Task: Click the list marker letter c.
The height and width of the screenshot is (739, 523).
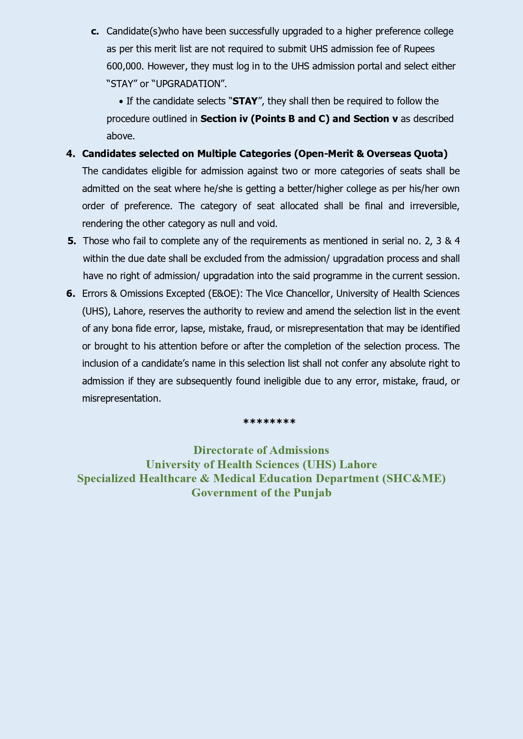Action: pos(95,32)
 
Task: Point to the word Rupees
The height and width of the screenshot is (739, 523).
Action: pos(419,49)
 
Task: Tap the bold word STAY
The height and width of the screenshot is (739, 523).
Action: pos(245,101)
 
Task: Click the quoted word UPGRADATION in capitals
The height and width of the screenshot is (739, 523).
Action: pos(188,84)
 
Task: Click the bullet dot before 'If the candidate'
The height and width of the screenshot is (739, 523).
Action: pos(121,102)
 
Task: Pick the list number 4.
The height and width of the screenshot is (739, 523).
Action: pos(70,154)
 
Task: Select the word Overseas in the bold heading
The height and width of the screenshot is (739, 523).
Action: pos(389,154)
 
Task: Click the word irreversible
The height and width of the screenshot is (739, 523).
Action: pos(434,206)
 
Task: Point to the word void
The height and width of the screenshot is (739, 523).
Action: pos(266,224)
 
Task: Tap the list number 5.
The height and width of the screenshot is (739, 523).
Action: pos(72,241)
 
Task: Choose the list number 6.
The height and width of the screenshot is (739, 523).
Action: pos(70,293)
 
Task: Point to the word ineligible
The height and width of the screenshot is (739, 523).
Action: pos(282,381)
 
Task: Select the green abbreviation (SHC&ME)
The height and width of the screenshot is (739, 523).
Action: pos(414,479)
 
